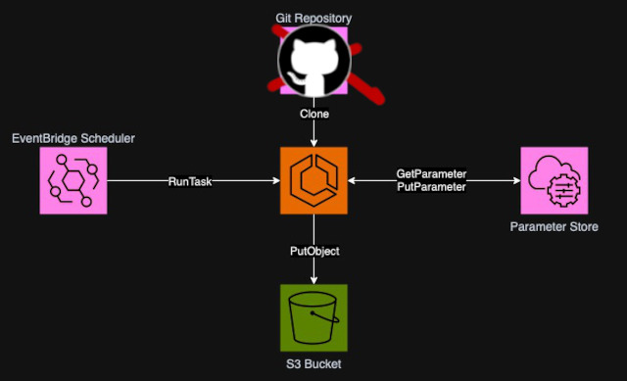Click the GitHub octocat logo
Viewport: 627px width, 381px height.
tap(313, 60)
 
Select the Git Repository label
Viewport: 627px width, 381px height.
tap(313, 17)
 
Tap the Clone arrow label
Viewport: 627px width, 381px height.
tap(313, 114)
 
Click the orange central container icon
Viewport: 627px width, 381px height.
tap(313, 180)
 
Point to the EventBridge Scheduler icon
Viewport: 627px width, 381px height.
tap(72, 180)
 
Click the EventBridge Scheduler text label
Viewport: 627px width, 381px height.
tap(72, 139)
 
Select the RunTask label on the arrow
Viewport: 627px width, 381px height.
tap(190, 181)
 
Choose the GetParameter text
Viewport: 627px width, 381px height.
tap(431, 173)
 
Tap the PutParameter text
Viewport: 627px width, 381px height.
tap(431, 186)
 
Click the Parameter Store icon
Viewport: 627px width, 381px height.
tap(555, 180)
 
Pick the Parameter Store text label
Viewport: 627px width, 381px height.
tap(555, 227)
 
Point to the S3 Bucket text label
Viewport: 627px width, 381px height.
tap(313, 365)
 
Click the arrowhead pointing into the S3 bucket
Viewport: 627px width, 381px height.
tap(313, 280)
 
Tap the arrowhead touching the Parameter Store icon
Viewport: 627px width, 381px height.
tap(515, 181)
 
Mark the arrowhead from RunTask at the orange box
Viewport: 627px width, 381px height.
tap(275, 181)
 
